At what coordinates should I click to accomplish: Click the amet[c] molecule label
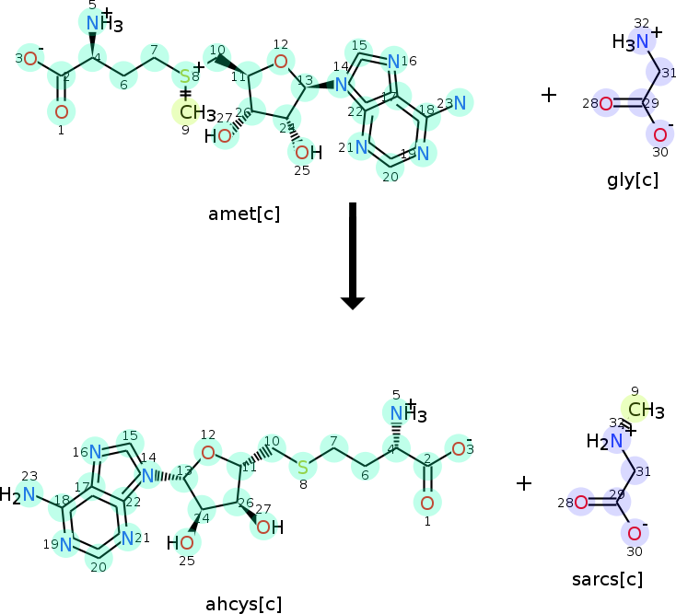244,214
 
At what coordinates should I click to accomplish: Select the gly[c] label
632,180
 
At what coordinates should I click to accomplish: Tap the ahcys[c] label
244,604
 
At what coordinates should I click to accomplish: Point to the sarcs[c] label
607,579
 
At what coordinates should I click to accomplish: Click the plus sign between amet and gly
549,95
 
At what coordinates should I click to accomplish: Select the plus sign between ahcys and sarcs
523,482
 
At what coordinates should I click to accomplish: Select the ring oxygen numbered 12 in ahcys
209,452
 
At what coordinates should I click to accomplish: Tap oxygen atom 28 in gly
605,104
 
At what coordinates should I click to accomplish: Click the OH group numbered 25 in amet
307,151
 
